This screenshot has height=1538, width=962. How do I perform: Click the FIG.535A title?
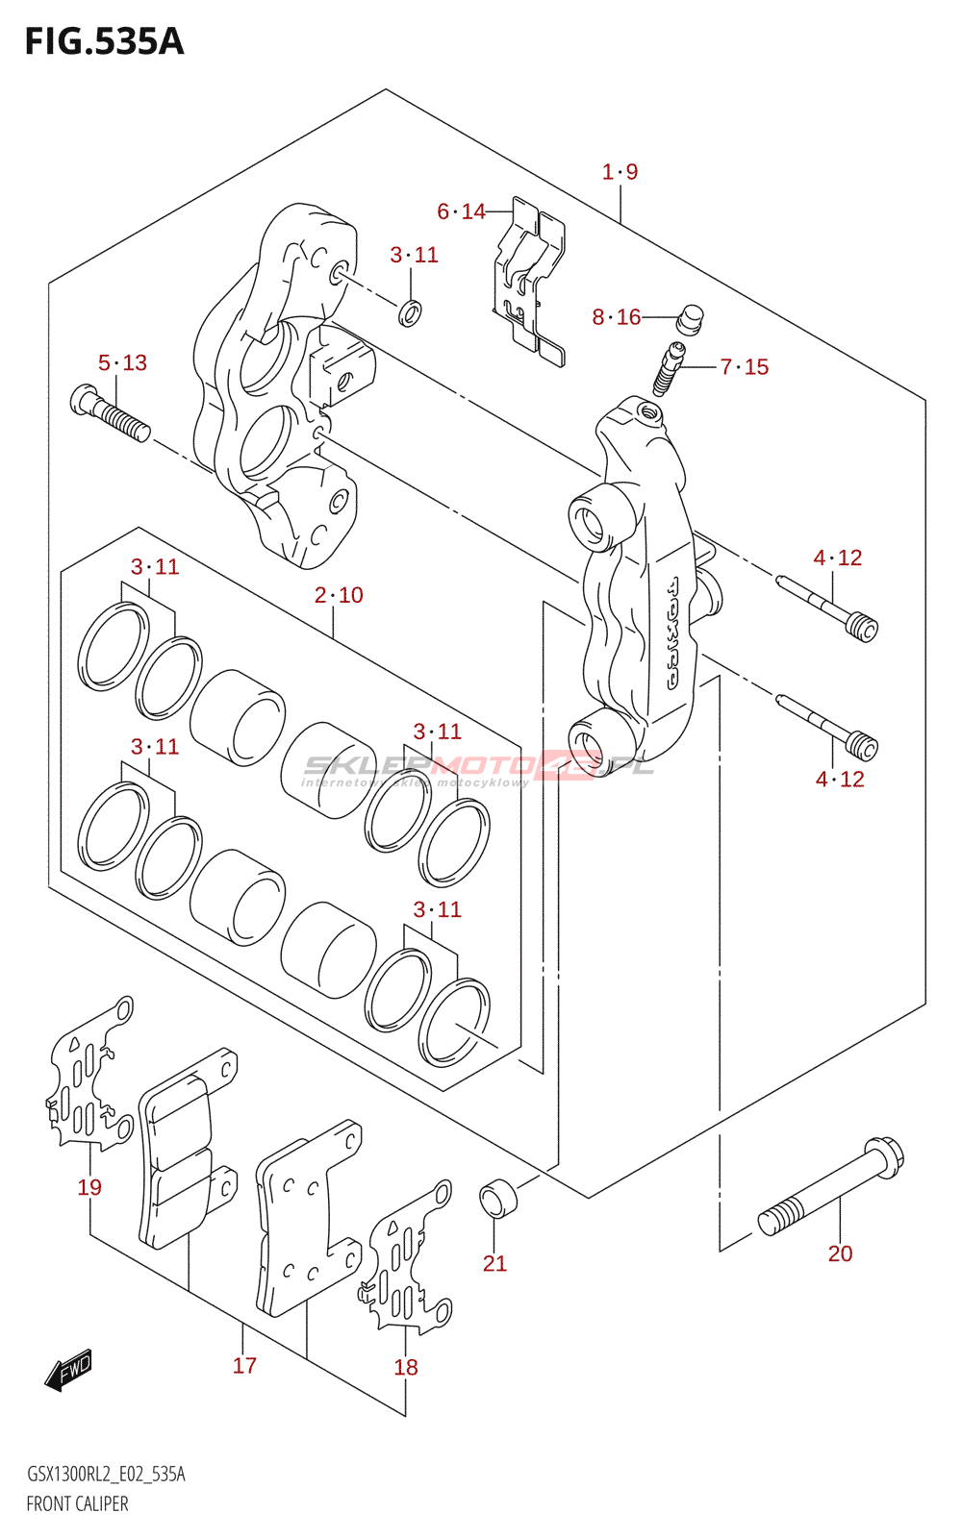pyautogui.click(x=104, y=42)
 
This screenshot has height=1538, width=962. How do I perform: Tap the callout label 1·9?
pyautogui.click(x=620, y=172)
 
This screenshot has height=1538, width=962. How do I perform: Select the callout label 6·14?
pyautogui.click(x=461, y=211)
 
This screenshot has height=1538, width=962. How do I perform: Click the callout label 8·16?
pyautogui.click(x=616, y=317)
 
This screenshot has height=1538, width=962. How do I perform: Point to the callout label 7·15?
pyautogui.click(x=745, y=367)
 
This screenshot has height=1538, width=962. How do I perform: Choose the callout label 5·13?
pyautogui.click(x=122, y=363)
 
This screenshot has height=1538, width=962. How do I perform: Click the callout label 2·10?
pyautogui.click(x=339, y=596)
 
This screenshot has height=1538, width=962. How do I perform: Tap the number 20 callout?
pyautogui.click(x=840, y=1253)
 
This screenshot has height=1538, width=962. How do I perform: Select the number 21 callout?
pyautogui.click(x=494, y=1263)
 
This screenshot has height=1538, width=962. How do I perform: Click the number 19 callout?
pyautogui.click(x=89, y=1188)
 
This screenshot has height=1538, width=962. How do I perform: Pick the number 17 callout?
pyautogui.click(x=244, y=1366)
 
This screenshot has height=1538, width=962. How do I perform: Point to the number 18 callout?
pyautogui.click(x=406, y=1368)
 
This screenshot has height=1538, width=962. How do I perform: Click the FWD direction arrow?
pyautogui.click(x=68, y=1371)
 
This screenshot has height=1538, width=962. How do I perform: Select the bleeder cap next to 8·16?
pyautogui.click(x=689, y=318)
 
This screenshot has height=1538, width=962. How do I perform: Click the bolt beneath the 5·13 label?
pyautogui.click(x=110, y=412)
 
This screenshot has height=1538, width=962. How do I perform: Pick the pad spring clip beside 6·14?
pyautogui.click(x=528, y=279)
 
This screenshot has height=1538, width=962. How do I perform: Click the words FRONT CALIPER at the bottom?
pyautogui.click(x=77, y=1504)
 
